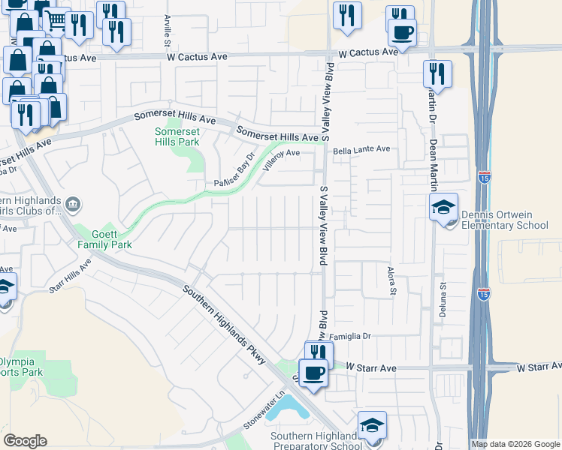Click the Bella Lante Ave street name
[362, 149]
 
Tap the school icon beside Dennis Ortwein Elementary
[443, 208]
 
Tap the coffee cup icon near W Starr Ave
[314, 372]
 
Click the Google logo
[25, 441]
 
